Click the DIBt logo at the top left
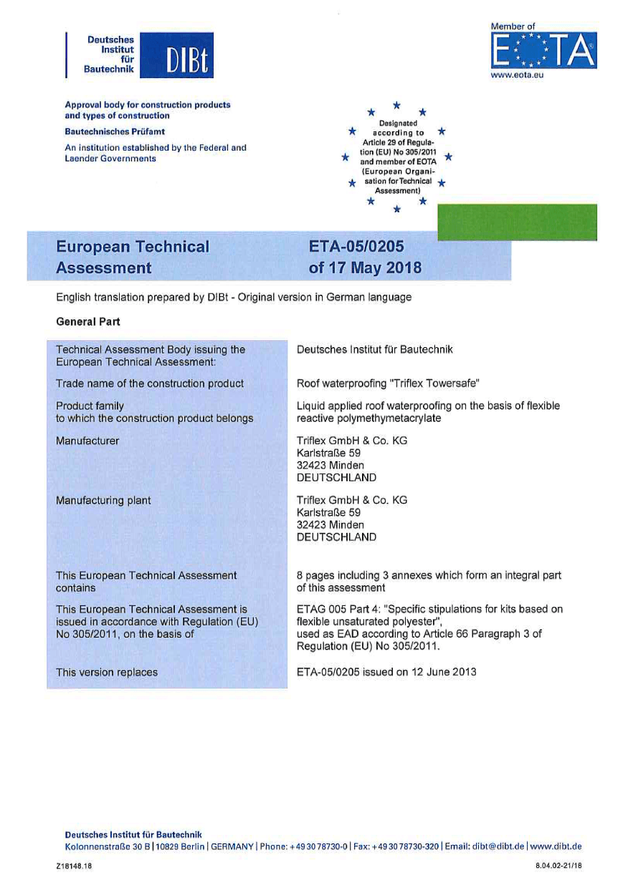[x=141, y=55]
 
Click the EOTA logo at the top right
[x=543, y=50]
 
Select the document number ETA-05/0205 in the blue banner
[x=356, y=247]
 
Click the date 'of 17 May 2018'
[x=364, y=268]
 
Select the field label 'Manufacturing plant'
[x=103, y=501]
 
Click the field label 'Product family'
[x=90, y=406]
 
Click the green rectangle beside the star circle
[x=516, y=222]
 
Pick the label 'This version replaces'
[x=107, y=672]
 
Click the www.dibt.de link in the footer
[x=556, y=846]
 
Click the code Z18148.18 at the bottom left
[x=74, y=866]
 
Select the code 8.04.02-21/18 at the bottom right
[x=558, y=866]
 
